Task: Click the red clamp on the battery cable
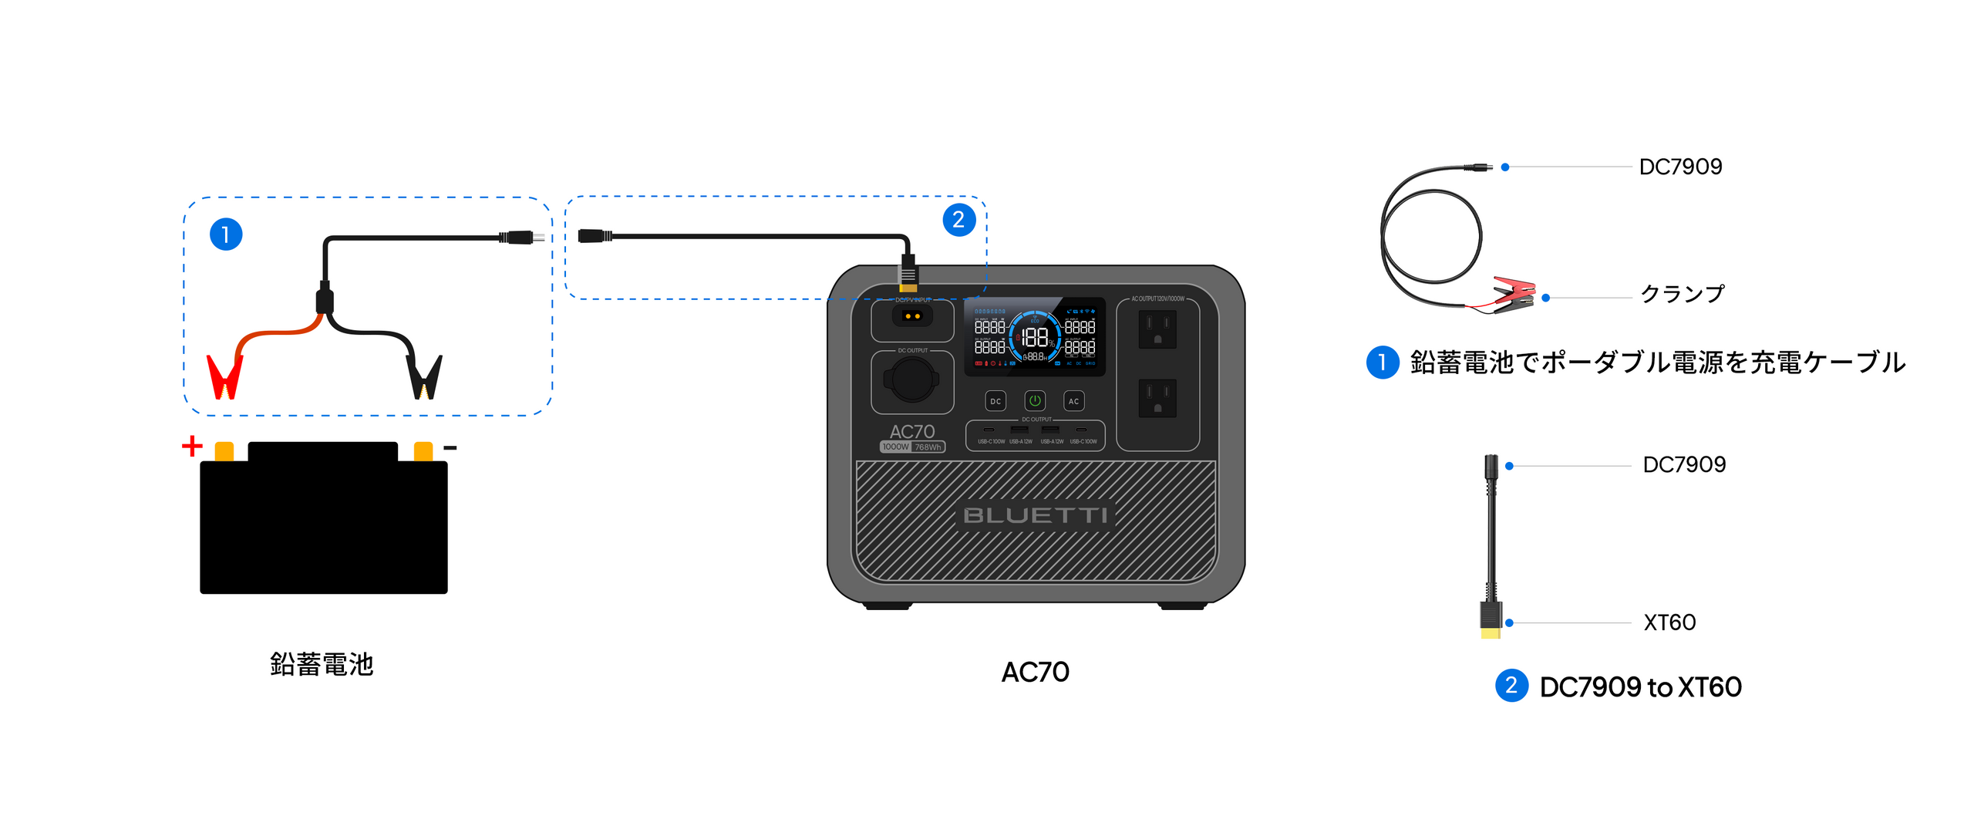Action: click(x=224, y=377)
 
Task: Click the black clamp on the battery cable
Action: click(x=425, y=377)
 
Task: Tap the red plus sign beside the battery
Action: click(x=192, y=446)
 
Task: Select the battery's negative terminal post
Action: click(x=423, y=451)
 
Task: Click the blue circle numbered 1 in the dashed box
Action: click(x=226, y=234)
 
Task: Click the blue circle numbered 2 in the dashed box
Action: click(x=958, y=220)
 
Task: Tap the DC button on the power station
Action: click(x=995, y=401)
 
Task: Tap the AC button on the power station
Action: click(x=1073, y=401)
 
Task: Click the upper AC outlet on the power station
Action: click(x=1157, y=329)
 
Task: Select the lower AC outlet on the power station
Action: click(x=1157, y=398)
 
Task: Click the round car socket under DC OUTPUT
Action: click(x=912, y=380)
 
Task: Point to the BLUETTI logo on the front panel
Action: click(x=1036, y=515)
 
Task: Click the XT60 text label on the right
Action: click(x=1669, y=622)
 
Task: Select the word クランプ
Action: click(x=1682, y=294)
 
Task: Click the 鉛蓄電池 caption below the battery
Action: click(x=322, y=664)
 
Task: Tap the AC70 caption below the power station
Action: click(x=1035, y=672)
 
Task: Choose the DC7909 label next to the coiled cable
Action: click(x=1680, y=167)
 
